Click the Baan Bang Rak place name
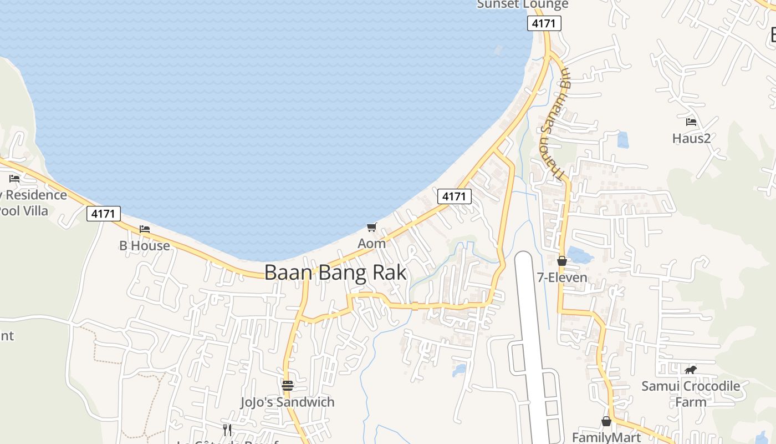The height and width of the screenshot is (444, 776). (x=335, y=273)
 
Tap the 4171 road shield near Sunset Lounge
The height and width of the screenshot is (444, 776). (x=544, y=23)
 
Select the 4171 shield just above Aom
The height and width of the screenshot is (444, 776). (x=454, y=196)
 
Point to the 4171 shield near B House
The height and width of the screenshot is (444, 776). (x=104, y=214)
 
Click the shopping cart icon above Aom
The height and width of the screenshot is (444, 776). (x=371, y=227)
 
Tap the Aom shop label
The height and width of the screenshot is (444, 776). (x=371, y=243)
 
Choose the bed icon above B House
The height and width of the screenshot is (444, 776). (x=145, y=229)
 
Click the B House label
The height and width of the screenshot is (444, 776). (x=145, y=245)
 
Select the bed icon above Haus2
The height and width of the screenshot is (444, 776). (x=691, y=122)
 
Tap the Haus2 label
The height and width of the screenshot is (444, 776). (x=691, y=138)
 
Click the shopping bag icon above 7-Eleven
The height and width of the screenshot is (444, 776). (x=562, y=261)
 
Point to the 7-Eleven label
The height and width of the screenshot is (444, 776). (x=562, y=277)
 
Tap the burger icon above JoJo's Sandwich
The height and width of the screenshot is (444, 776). (x=287, y=385)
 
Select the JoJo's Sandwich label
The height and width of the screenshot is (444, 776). (x=287, y=402)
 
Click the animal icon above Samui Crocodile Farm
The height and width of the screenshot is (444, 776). (x=690, y=370)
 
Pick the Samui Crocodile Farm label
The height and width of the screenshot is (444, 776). (x=691, y=393)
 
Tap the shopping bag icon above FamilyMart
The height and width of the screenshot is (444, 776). (x=606, y=421)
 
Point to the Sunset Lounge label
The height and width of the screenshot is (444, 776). (x=523, y=4)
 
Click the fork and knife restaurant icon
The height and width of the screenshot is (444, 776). (x=227, y=430)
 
